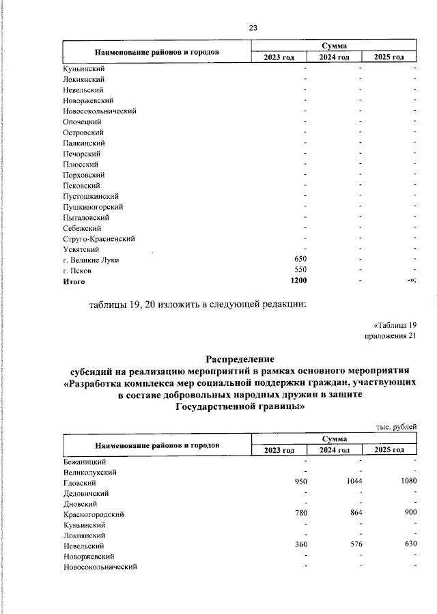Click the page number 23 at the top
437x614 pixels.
pos(253,28)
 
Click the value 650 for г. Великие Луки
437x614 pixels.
pos(300,260)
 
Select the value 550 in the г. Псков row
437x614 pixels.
pos(300,270)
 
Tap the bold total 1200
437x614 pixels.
pos(298,281)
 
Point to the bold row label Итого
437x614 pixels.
pos(74,281)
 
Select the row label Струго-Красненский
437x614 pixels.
pos(98,238)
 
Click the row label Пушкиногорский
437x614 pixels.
pos(93,207)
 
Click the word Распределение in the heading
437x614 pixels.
pos(240,359)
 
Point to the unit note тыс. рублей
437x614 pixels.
pos(396,427)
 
